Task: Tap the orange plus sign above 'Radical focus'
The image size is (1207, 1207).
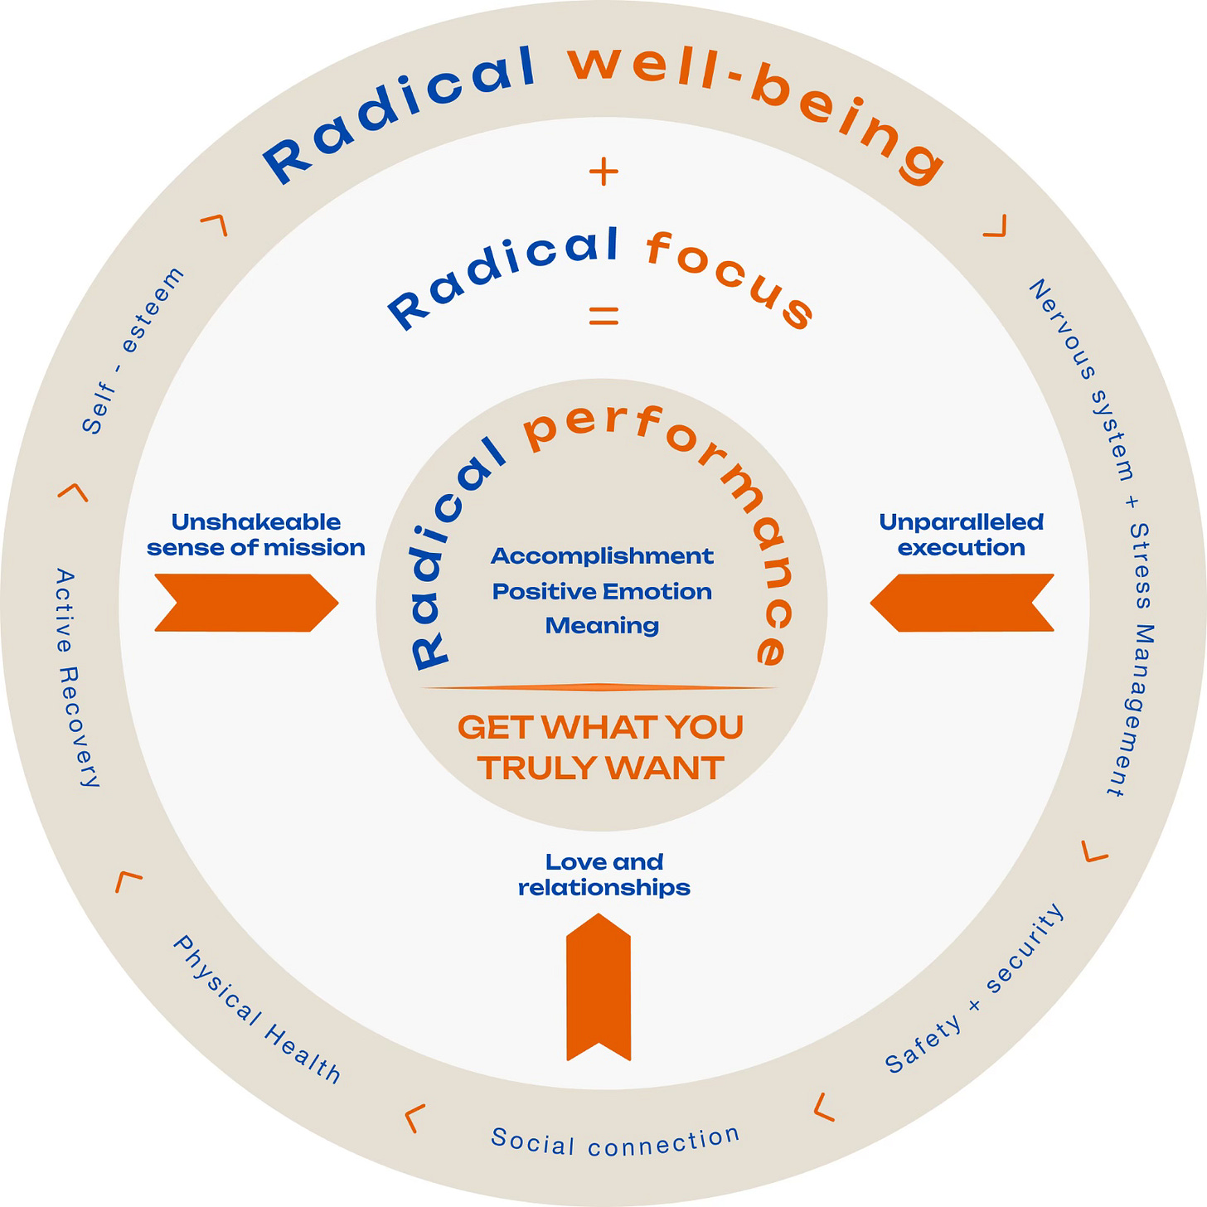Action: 603,172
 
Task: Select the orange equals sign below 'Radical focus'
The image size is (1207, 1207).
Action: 603,315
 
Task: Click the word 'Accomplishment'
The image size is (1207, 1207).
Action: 602,555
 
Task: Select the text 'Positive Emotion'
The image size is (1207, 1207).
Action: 602,591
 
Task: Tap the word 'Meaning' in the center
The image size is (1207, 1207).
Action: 602,625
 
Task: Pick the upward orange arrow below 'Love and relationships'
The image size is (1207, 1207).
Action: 599,986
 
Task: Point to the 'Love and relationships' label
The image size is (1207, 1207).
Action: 603,875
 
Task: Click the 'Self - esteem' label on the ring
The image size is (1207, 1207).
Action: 133,350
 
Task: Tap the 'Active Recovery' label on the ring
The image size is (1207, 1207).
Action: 77,677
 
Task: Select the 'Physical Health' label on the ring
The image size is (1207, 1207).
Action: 256,1009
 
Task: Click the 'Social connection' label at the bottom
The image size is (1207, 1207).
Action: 615,1142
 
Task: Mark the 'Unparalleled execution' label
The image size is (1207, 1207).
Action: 962,535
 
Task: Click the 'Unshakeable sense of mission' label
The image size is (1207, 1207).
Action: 256,535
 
